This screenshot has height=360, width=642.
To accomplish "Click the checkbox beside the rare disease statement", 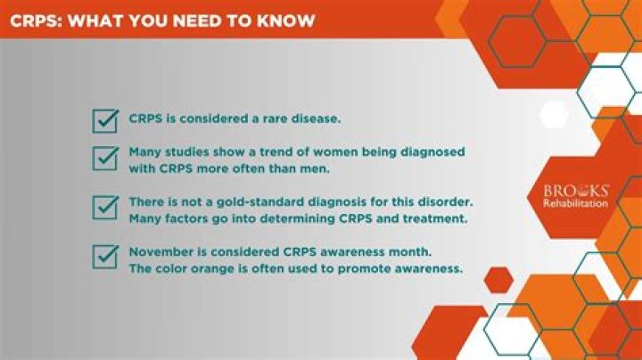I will pyautogui.click(x=105, y=120).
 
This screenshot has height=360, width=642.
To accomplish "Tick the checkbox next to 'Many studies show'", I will pyautogui.click(x=105, y=159).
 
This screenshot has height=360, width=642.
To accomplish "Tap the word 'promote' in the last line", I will pyautogui.click(x=358, y=267).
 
